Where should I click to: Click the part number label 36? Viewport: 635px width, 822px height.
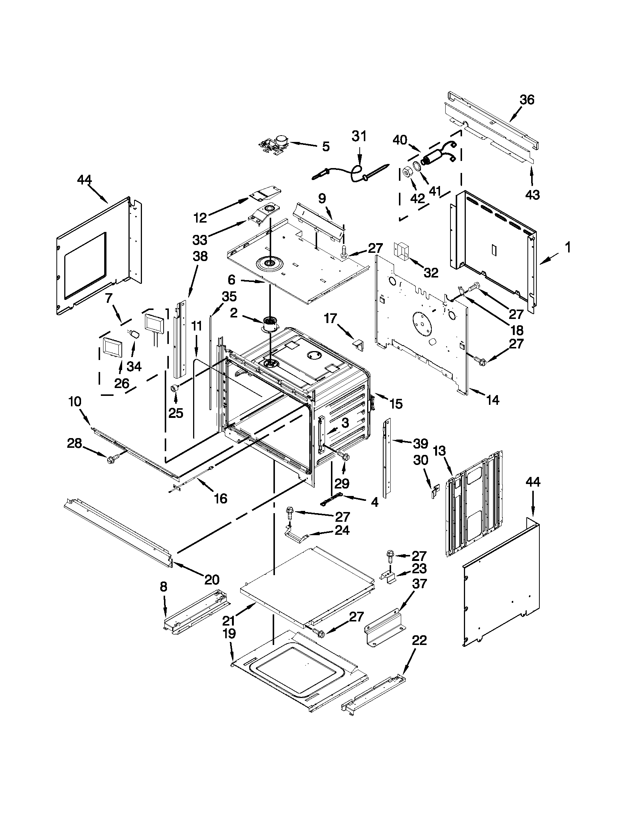click(527, 100)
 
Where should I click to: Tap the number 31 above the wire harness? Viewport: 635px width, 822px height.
click(359, 136)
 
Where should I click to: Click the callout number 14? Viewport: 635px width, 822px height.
click(493, 400)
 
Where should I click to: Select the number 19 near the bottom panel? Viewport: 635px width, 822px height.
click(229, 633)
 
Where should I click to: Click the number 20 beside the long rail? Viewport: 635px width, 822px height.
click(211, 580)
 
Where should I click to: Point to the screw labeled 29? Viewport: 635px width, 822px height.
click(343, 456)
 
